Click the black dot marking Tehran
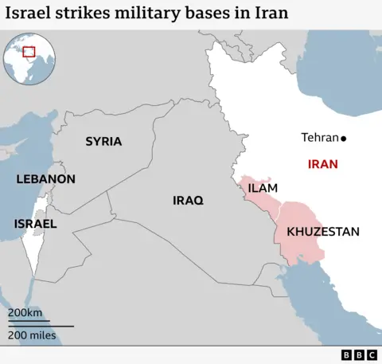tap(343, 138)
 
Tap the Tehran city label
tap(319, 138)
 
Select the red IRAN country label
tap(322, 164)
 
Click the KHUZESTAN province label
tap(322, 232)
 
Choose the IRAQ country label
tap(188, 200)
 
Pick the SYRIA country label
tap(103, 141)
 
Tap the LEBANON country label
tap(45, 179)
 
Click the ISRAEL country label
tap(35, 224)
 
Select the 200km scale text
tap(25, 312)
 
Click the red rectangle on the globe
tap(29, 52)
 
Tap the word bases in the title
tap(212, 14)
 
